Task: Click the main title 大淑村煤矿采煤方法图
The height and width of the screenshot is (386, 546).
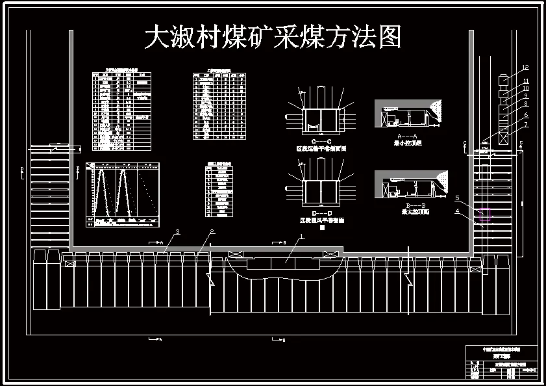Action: (273, 38)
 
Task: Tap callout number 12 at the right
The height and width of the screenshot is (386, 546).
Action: (525, 68)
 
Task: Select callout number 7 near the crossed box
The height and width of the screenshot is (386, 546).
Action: (525, 124)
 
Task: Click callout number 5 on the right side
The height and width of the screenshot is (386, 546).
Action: (458, 198)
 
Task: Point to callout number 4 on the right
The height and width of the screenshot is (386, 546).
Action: (457, 211)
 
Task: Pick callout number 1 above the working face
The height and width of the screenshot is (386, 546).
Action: (301, 238)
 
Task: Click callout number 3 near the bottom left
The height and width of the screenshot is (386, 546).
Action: (177, 232)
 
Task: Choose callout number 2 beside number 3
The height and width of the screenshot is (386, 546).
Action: (211, 232)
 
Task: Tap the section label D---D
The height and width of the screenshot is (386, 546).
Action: (322, 213)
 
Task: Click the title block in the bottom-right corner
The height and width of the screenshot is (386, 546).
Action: (501, 363)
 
